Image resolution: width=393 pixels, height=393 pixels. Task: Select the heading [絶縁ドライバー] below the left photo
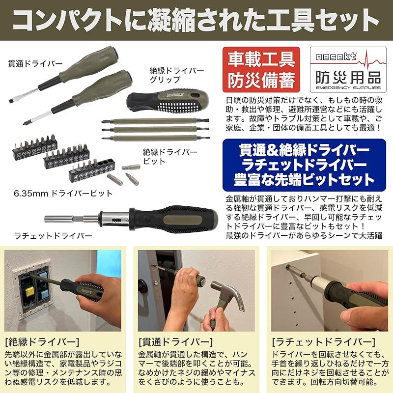34,341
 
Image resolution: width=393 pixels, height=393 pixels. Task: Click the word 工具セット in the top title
319,21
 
